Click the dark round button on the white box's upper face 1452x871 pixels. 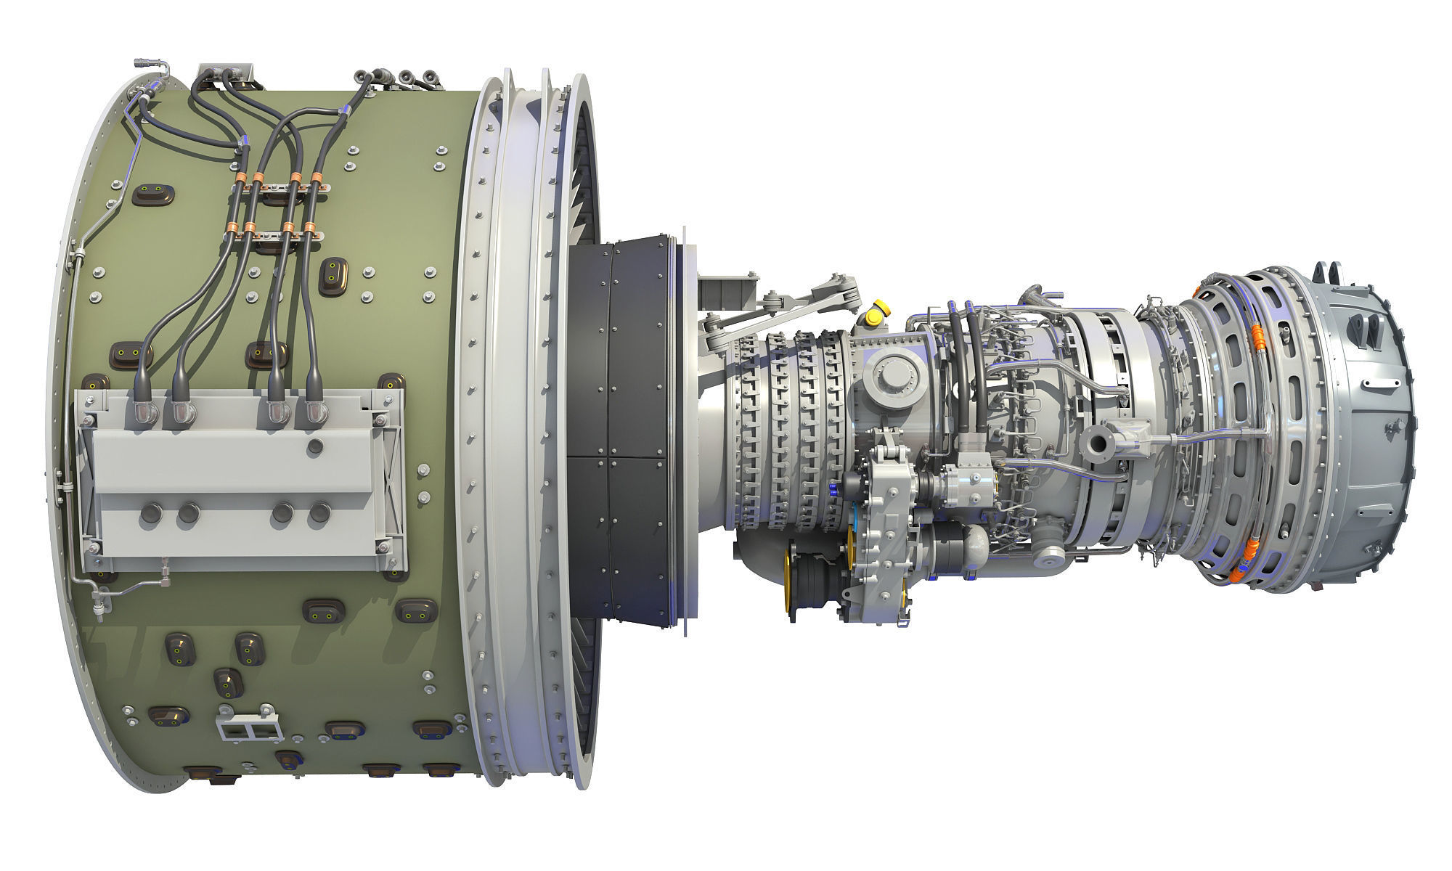314,445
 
